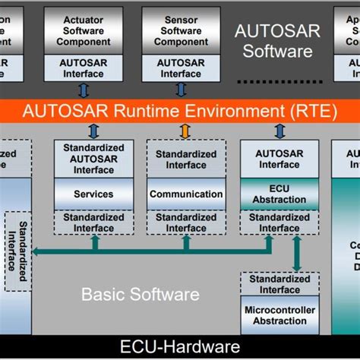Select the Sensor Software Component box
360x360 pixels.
tap(181, 30)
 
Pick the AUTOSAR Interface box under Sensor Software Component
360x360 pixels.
tap(181, 68)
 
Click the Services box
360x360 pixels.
tap(93, 194)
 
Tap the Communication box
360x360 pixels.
tap(186, 194)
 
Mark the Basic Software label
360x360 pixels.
tap(141, 293)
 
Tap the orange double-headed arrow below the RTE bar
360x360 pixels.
tap(185, 131)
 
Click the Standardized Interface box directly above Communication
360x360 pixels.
tap(186, 159)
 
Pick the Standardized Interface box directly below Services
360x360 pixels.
tap(93, 223)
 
